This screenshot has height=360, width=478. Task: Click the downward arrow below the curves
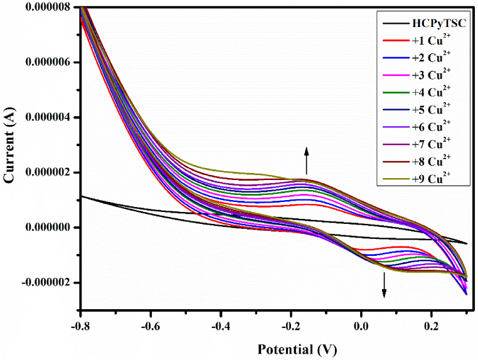(385, 284)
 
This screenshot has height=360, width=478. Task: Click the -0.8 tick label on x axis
(80, 326)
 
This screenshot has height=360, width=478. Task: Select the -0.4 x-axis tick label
(220, 326)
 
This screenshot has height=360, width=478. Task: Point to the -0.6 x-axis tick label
(151, 326)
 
